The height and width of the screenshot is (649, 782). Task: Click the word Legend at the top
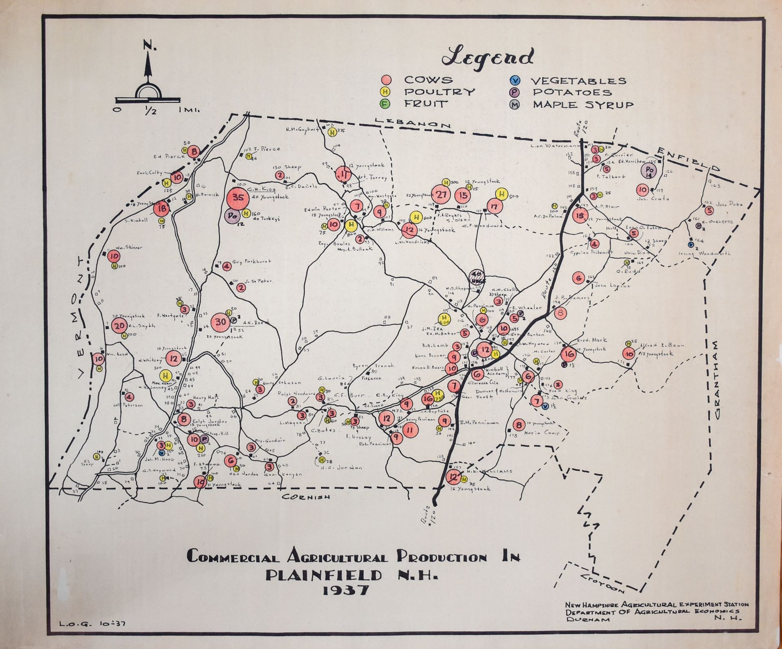tap(487, 58)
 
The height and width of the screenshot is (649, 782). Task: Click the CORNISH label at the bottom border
tap(306, 497)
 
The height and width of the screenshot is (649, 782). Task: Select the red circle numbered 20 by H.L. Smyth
tap(120, 326)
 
